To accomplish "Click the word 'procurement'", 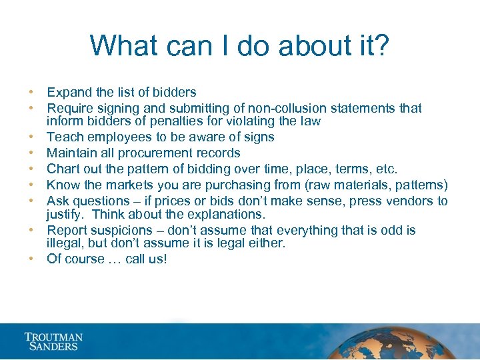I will point(167,153).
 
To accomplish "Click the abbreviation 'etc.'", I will point(385,169).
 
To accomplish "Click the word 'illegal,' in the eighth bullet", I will point(66,243).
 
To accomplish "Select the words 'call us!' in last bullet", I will point(147,259).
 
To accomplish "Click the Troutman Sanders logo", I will point(53,341).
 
